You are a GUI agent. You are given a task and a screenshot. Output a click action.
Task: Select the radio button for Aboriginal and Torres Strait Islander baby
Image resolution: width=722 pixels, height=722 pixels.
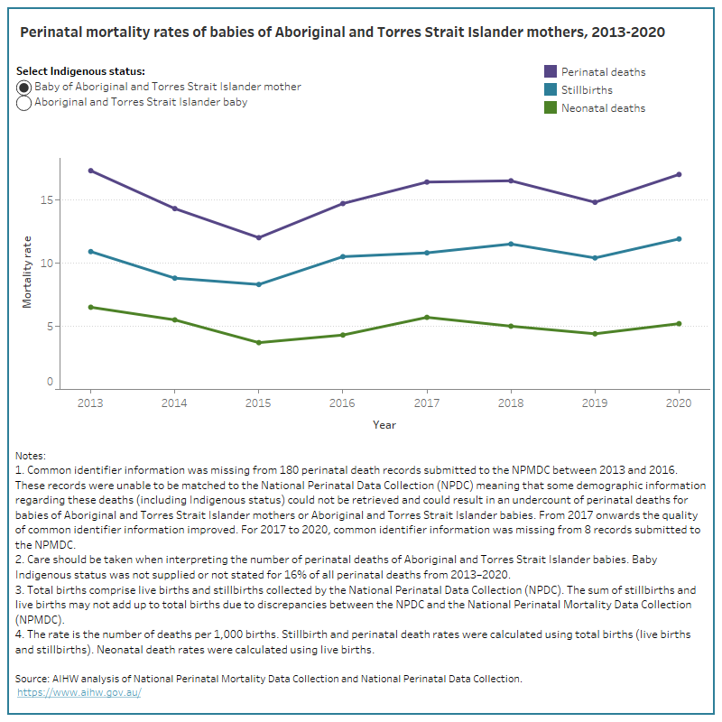(x=24, y=103)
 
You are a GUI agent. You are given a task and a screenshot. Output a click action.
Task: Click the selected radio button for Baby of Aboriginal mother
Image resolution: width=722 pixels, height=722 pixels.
(x=24, y=88)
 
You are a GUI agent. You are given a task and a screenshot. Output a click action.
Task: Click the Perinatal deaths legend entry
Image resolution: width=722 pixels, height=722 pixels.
(x=603, y=72)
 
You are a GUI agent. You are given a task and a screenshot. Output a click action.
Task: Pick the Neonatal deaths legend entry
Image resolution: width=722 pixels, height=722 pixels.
(x=603, y=108)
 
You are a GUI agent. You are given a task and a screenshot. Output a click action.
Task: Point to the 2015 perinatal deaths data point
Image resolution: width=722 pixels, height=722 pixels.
(x=258, y=237)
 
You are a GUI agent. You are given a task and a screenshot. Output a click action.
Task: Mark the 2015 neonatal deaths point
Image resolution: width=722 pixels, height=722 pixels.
(x=258, y=342)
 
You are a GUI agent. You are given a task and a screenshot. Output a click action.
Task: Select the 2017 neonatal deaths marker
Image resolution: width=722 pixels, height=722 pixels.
(x=426, y=317)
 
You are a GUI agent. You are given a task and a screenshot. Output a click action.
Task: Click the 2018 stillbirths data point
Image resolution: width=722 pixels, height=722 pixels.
(x=510, y=244)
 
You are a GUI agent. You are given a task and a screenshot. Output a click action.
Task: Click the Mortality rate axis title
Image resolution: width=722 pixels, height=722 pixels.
(x=28, y=270)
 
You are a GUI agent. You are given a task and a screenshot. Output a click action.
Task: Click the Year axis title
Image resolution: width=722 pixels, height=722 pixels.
(x=384, y=424)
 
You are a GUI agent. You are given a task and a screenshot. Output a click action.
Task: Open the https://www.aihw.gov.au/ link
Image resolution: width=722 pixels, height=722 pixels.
(x=79, y=692)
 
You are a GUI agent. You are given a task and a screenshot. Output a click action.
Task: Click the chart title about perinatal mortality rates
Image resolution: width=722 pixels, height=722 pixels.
(x=342, y=32)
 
